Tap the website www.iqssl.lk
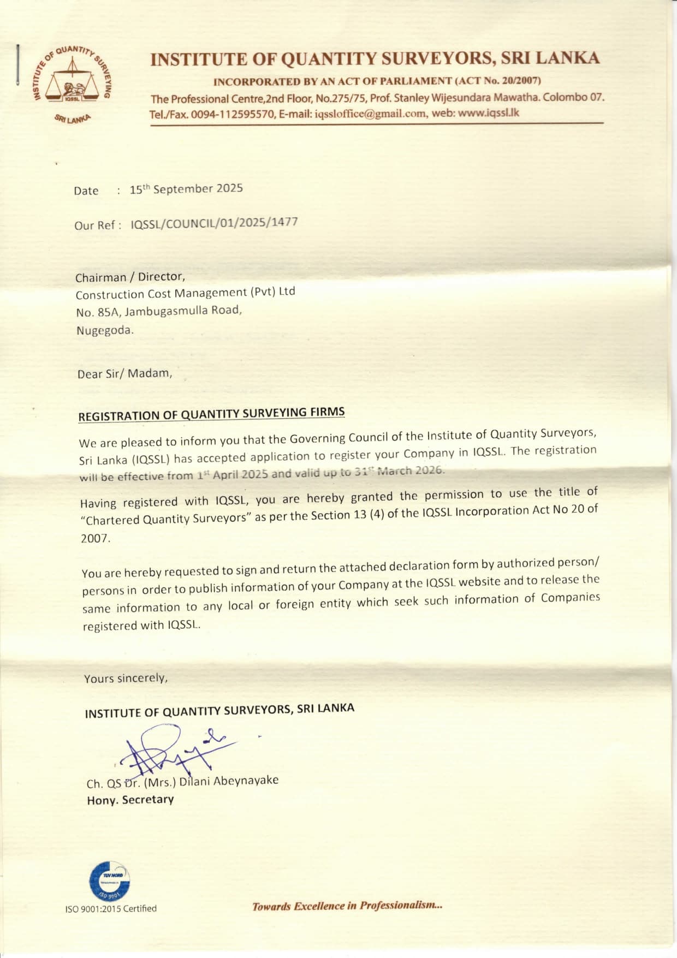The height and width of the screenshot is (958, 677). [x=488, y=113]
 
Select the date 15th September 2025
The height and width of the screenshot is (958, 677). [x=186, y=189]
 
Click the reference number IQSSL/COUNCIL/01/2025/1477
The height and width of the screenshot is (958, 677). [x=214, y=223]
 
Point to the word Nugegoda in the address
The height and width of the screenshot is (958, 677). [x=104, y=330]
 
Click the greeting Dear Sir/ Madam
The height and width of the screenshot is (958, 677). [x=124, y=373]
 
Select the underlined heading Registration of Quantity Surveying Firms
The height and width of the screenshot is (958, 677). [x=211, y=414]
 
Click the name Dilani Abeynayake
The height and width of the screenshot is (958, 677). [x=229, y=781]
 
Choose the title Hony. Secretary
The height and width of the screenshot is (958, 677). [x=130, y=800]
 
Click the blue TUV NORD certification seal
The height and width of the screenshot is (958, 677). [x=109, y=880]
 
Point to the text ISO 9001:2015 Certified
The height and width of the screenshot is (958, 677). [x=111, y=908]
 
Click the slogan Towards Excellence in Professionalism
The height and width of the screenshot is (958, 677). [x=347, y=906]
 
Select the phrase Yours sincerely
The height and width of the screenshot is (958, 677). [x=126, y=678]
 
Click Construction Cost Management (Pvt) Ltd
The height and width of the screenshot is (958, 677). [x=185, y=293]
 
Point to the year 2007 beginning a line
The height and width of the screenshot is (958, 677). [x=96, y=538]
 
